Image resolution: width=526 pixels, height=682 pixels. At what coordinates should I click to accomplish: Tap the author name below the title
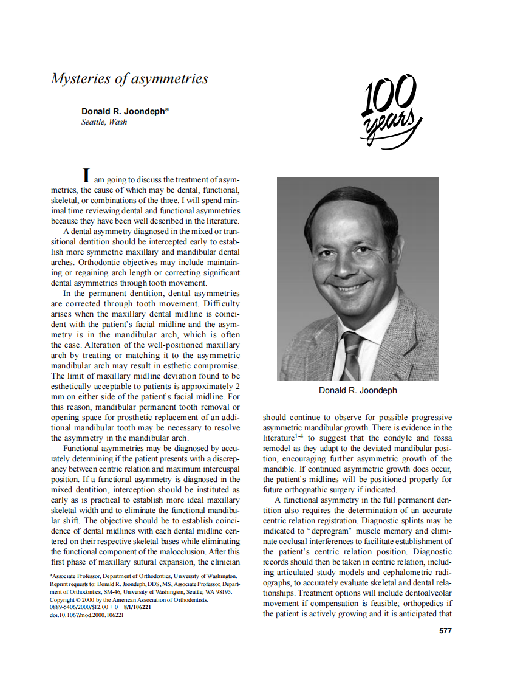click(x=125, y=111)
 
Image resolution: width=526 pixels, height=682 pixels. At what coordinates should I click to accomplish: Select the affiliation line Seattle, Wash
click(x=104, y=122)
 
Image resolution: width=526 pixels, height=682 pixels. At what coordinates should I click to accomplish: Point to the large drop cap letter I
click(x=87, y=175)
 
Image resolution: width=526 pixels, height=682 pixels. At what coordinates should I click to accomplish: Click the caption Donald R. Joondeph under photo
click(x=358, y=390)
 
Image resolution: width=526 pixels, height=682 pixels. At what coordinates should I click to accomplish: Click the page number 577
click(x=445, y=630)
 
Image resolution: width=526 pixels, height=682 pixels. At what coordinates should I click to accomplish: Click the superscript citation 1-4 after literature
click(x=299, y=436)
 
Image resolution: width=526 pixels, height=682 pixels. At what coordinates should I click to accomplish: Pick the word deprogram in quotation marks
click(x=318, y=531)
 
